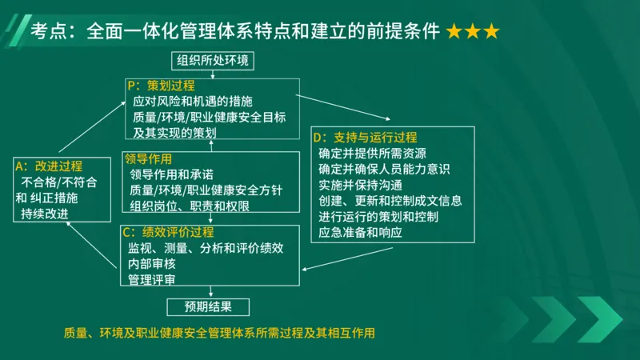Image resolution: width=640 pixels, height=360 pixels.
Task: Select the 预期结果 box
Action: (x=208, y=306)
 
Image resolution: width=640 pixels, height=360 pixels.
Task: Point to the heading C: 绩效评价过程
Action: (x=167, y=232)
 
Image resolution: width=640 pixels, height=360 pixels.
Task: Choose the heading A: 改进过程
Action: (x=50, y=166)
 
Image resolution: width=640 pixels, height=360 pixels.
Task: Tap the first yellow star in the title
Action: (x=454, y=32)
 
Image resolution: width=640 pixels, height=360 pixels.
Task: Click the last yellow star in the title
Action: (x=490, y=32)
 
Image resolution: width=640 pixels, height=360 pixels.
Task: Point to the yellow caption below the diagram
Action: (x=219, y=333)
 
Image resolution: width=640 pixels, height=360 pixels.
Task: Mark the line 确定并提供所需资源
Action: (x=372, y=153)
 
